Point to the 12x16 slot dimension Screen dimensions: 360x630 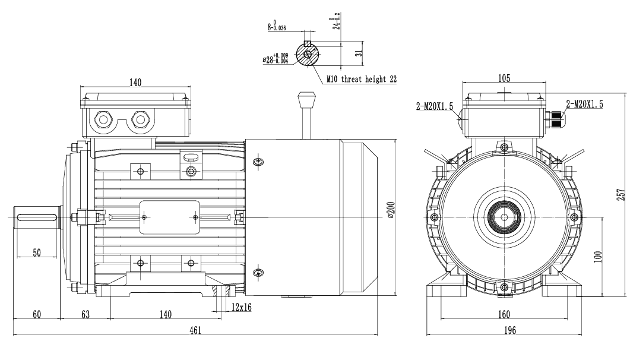click(241, 307)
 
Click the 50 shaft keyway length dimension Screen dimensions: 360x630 click(37, 252)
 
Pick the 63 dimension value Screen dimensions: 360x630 click(86, 314)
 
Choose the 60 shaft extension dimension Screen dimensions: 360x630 click(37, 314)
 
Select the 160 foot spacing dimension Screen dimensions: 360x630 click(504, 314)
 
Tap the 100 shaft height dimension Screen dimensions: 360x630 click(598, 256)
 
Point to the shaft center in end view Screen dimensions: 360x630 click(504, 217)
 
